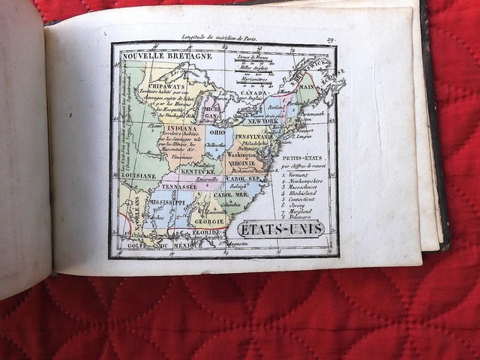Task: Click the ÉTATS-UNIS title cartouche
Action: click(280, 227)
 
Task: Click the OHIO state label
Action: click(216, 133)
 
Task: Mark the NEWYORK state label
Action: click(262, 121)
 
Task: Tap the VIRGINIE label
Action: click(242, 162)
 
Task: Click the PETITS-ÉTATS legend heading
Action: click(302, 158)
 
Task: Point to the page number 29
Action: click(330, 40)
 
